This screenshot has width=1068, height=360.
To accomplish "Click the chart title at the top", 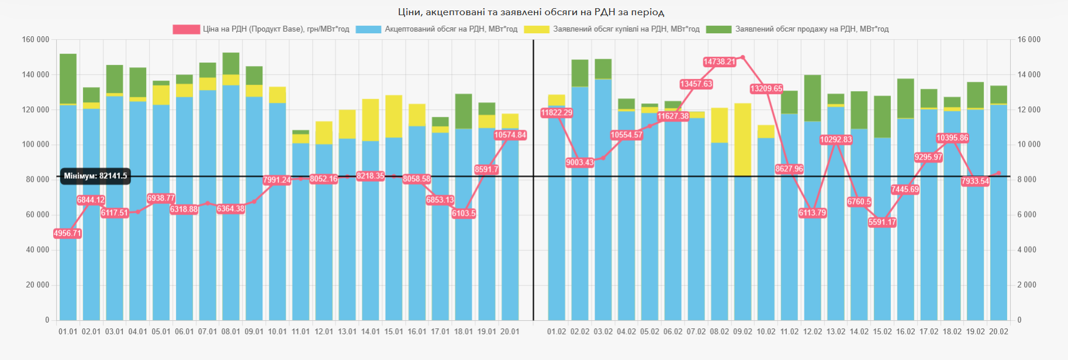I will pos(531,12).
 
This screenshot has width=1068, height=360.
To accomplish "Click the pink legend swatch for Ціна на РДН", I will pos(186,29).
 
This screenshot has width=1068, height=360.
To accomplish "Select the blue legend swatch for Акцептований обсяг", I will pos(368,29).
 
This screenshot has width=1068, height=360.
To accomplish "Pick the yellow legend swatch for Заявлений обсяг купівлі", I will pos(537,29).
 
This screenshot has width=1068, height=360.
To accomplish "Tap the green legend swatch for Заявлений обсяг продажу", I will pos(718,29).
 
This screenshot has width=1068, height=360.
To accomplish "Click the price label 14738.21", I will pos(719,62).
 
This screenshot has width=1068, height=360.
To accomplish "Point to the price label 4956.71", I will pos(67,233).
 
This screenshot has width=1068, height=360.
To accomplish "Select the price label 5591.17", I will pos(882,222).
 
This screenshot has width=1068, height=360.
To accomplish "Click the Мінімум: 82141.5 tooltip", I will pos(95,176).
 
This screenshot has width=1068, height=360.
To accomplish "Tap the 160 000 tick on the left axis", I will pos(36,40).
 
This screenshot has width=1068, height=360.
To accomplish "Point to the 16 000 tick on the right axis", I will pos(1029,40).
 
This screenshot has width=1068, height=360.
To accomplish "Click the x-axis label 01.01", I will pos(68,331).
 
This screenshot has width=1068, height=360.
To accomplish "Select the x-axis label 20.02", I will pos(998,331).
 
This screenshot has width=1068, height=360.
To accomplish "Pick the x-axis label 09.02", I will pos(742,331).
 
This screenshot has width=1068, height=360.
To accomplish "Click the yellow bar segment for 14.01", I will pos(371,120).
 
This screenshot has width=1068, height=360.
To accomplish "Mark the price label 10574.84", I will pos(510,135).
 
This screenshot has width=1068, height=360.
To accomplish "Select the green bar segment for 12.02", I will pos(813,98).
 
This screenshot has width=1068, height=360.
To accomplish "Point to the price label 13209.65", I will pos(766,89).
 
